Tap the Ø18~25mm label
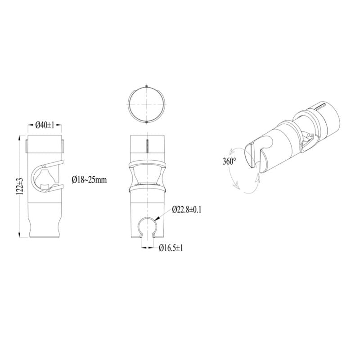tap(89, 180)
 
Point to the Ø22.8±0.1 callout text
tap(188, 210)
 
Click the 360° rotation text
tap(229, 161)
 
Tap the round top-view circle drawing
tap(147, 103)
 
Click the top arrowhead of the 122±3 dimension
tap(19, 136)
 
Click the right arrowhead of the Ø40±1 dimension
tap(59, 125)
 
